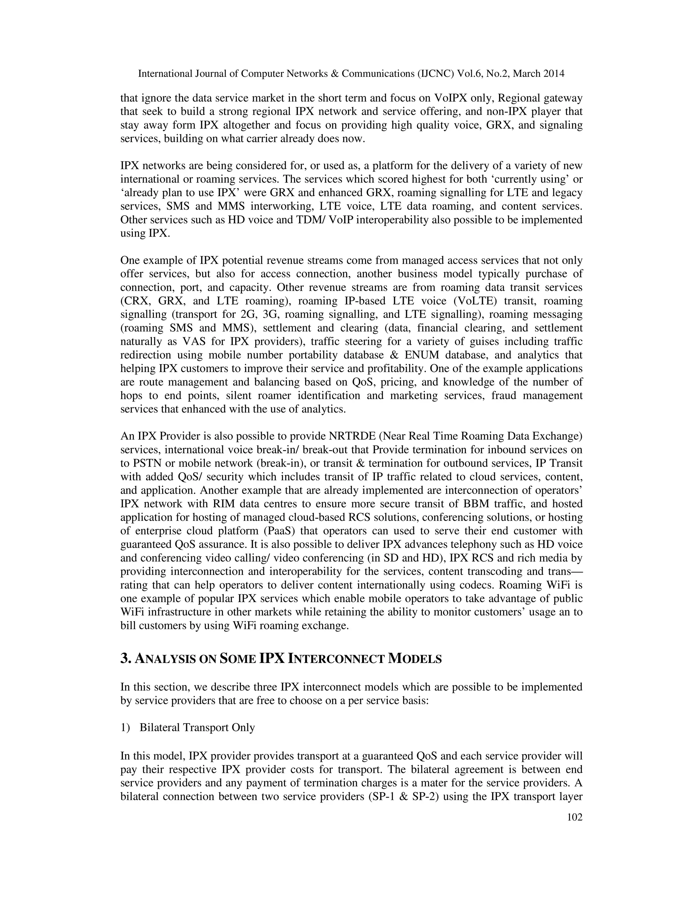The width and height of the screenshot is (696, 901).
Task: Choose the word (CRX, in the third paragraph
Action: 135,301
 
